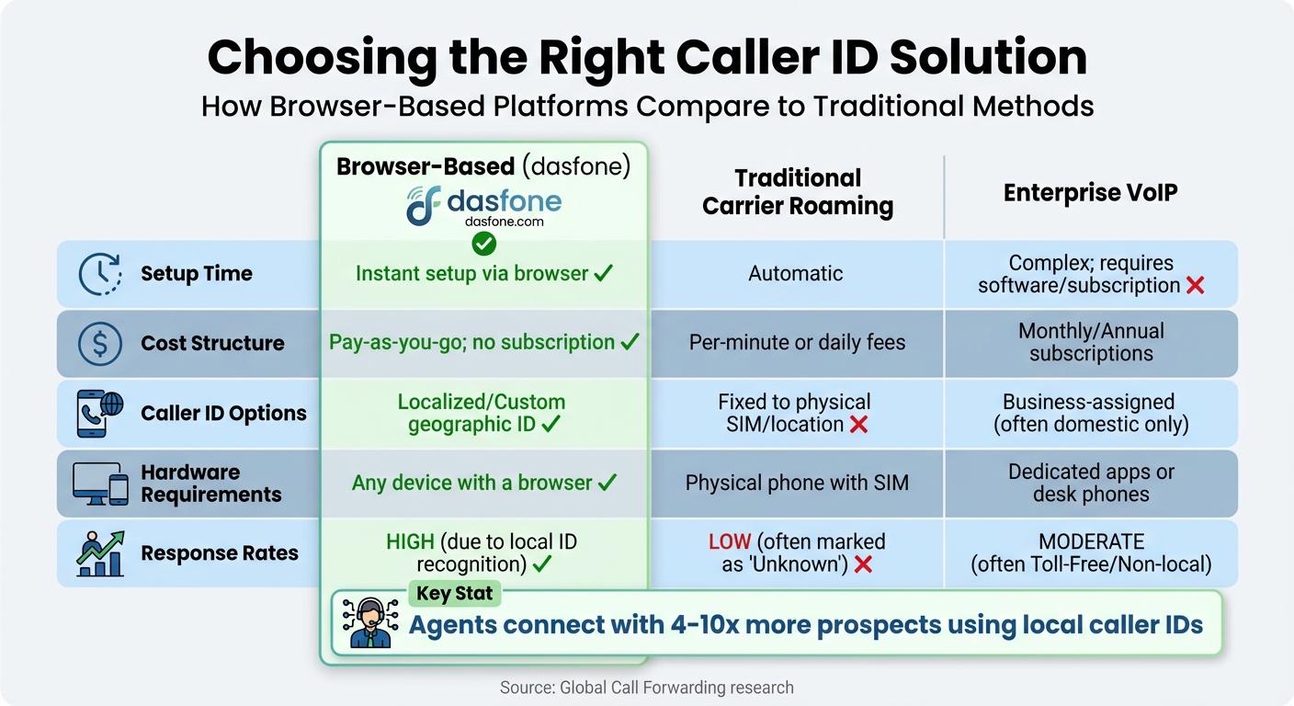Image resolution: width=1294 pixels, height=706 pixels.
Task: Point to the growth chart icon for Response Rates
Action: point(100,552)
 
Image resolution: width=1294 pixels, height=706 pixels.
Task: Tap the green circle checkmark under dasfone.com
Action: point(483,244)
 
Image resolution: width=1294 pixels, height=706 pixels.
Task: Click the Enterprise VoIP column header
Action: point(1090,193)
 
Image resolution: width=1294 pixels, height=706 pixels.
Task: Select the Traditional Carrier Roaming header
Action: point(797,193)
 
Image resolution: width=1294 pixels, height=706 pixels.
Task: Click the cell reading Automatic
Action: point(796,274)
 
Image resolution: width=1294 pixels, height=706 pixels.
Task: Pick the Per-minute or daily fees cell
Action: point(797,343)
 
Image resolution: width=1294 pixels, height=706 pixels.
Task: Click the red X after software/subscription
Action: point(1195,286)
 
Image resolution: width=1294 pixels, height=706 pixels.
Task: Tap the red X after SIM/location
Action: point(858,425)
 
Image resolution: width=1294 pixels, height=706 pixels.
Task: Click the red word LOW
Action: point(730,541)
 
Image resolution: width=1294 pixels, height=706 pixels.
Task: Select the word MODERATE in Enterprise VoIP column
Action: point(1091,541)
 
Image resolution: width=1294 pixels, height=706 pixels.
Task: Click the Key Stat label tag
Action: point(454,594)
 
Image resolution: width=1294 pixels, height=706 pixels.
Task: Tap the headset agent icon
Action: point(369,623)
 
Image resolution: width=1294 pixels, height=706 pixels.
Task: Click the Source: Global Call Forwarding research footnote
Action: point(646,688)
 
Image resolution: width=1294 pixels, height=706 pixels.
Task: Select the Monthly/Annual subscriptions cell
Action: point(1091,343)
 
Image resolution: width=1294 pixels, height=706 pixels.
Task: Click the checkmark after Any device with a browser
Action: point(607,483)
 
